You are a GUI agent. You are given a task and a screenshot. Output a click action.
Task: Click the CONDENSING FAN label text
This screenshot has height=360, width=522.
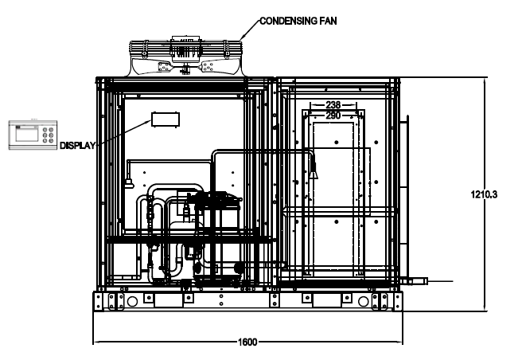click(298, 21)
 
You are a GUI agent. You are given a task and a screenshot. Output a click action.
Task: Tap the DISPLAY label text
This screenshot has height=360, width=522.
click(78, 145)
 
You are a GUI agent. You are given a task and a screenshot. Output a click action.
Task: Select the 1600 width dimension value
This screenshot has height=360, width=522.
click(247, 342)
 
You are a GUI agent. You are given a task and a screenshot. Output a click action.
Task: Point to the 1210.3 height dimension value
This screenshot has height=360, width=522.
click(484, 194)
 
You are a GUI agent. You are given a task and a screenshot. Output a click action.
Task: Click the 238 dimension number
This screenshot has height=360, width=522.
click(333, 105)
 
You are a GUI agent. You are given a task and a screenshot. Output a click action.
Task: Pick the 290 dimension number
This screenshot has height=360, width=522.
click(333, 115)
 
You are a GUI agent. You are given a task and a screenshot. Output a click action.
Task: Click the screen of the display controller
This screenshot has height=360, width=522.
click(27, 135)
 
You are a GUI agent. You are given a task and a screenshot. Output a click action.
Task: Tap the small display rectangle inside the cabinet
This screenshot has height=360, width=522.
click(166, 119)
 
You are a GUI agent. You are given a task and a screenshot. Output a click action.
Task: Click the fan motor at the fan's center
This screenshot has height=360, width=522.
click(185, 50)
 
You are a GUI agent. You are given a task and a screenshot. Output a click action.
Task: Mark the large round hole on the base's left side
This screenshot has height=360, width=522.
click(132, 302)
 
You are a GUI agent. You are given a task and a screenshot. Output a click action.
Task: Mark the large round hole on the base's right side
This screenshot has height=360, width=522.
click(363, 302)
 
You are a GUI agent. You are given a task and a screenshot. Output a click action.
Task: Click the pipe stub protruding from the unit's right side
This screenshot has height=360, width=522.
click(414, 281)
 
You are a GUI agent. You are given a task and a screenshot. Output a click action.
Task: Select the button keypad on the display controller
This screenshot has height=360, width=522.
click(49, 135)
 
